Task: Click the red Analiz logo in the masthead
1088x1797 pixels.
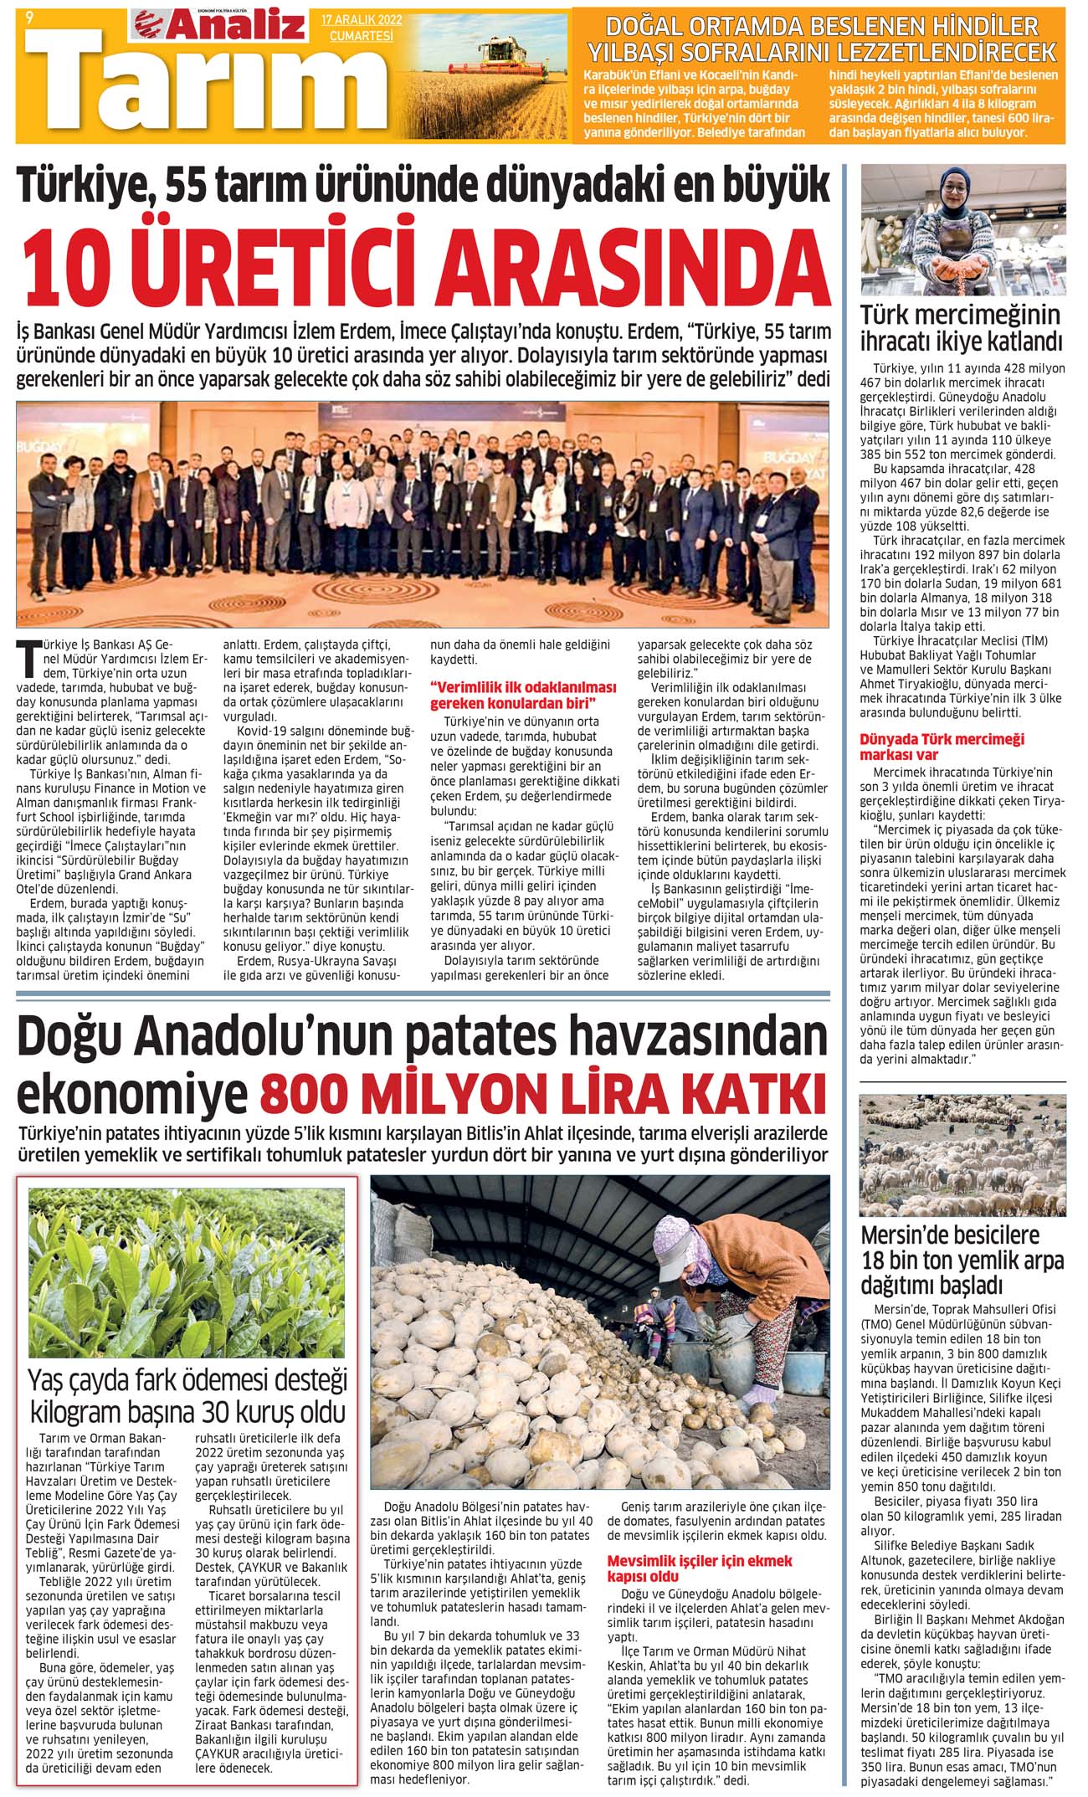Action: click(x=219, y=26)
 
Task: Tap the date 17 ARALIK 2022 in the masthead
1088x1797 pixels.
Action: click(x=362, y=19)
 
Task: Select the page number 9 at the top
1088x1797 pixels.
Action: click(x=30, y=15)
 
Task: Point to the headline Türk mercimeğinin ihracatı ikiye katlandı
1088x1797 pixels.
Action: click(x=962, y=328)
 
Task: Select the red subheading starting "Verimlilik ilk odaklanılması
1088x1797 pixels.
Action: click(x=522, y=694)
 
